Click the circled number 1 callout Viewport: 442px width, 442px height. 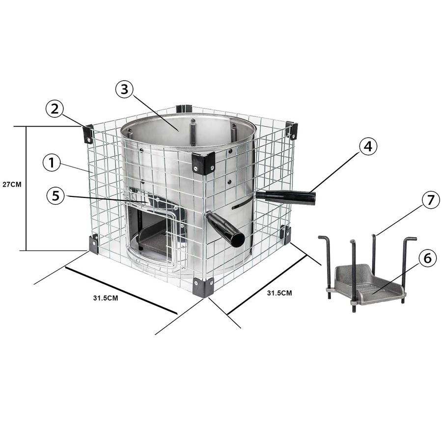(x=51, y=163)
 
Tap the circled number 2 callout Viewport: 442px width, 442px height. (x=55, y=109)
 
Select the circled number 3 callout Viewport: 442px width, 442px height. (x=124, y=89)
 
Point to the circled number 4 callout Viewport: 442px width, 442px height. (x=368, y=146)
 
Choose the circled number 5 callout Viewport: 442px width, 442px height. (x=56, y=195)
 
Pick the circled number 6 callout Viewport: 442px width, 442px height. (x=428, y=258)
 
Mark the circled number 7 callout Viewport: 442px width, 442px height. (x=431, y=200)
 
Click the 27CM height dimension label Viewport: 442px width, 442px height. (x=12, y=185)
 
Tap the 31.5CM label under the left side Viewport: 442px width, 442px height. (x=106, y=298)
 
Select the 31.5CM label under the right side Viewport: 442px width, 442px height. (x=279, y=293)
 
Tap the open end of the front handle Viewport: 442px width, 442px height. (x=237, y=240)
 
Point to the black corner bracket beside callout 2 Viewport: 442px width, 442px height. (x=88, y=134)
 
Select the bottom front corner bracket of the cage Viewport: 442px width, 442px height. (x=203, y=287)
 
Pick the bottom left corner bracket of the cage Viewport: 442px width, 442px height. (x=94, y=244)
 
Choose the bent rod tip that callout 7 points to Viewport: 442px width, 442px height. (x=374, y=236)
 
